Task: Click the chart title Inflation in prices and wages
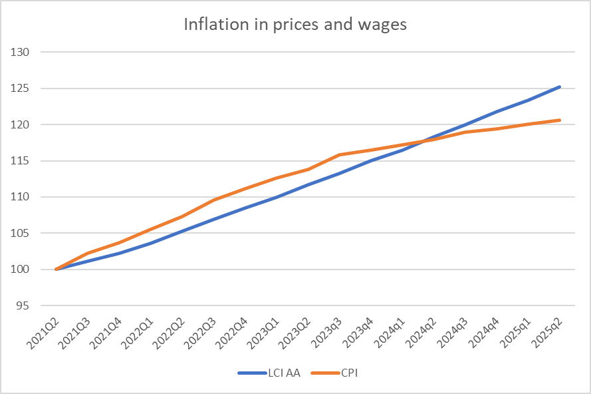pos(295,25)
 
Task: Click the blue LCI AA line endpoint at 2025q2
pos(560,87)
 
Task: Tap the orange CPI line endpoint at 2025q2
pos(560,120)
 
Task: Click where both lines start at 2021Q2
pos(57,270)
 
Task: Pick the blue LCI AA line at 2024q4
pos(497,111)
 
